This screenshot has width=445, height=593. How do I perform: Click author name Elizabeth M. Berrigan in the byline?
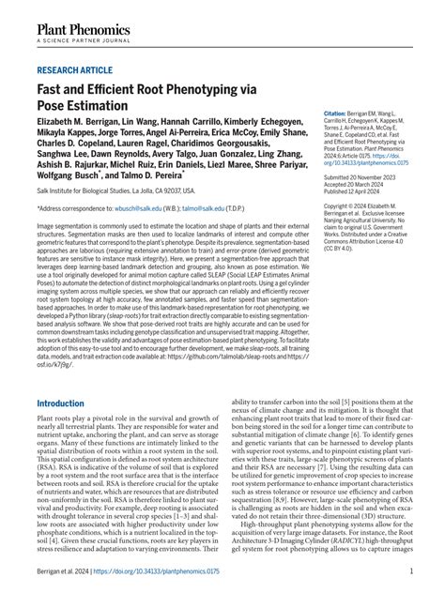click(x=80, y=124)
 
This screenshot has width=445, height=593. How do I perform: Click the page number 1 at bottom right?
click(x=411, y=570)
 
